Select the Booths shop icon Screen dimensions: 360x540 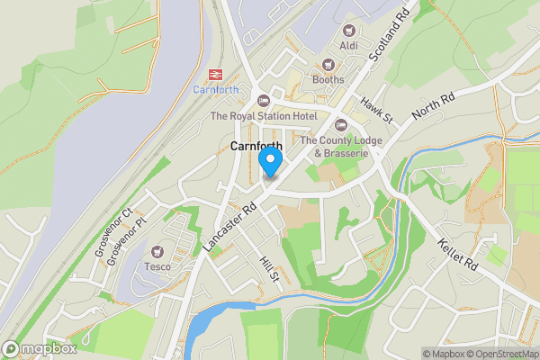point(328,64)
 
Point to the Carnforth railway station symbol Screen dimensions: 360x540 point(215,74)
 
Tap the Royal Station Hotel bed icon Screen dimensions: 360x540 point(264,100)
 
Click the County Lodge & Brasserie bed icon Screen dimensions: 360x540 point(340,124)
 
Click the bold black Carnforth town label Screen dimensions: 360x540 point(256,146)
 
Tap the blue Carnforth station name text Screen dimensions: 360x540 point(215,89)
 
